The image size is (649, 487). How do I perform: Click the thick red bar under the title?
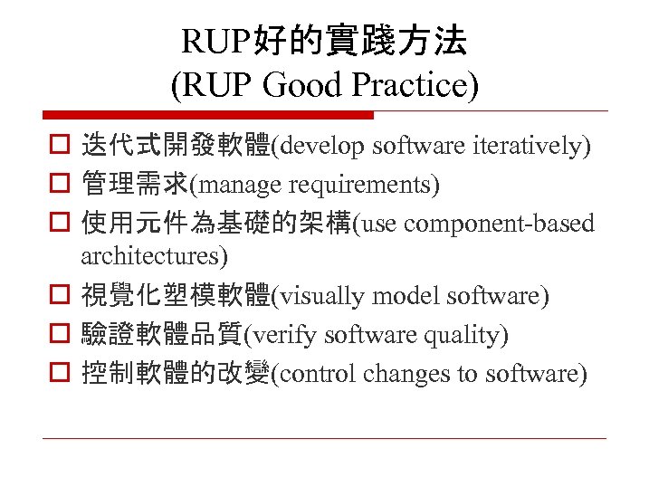click(208, 115)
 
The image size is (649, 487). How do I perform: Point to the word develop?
click(321, 145)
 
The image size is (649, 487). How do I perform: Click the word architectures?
click(154, 255)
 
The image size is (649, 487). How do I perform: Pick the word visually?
click(317, 296)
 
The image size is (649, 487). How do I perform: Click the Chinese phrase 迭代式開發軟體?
click(176, 145)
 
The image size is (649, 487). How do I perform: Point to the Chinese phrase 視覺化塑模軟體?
click(176, 296)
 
